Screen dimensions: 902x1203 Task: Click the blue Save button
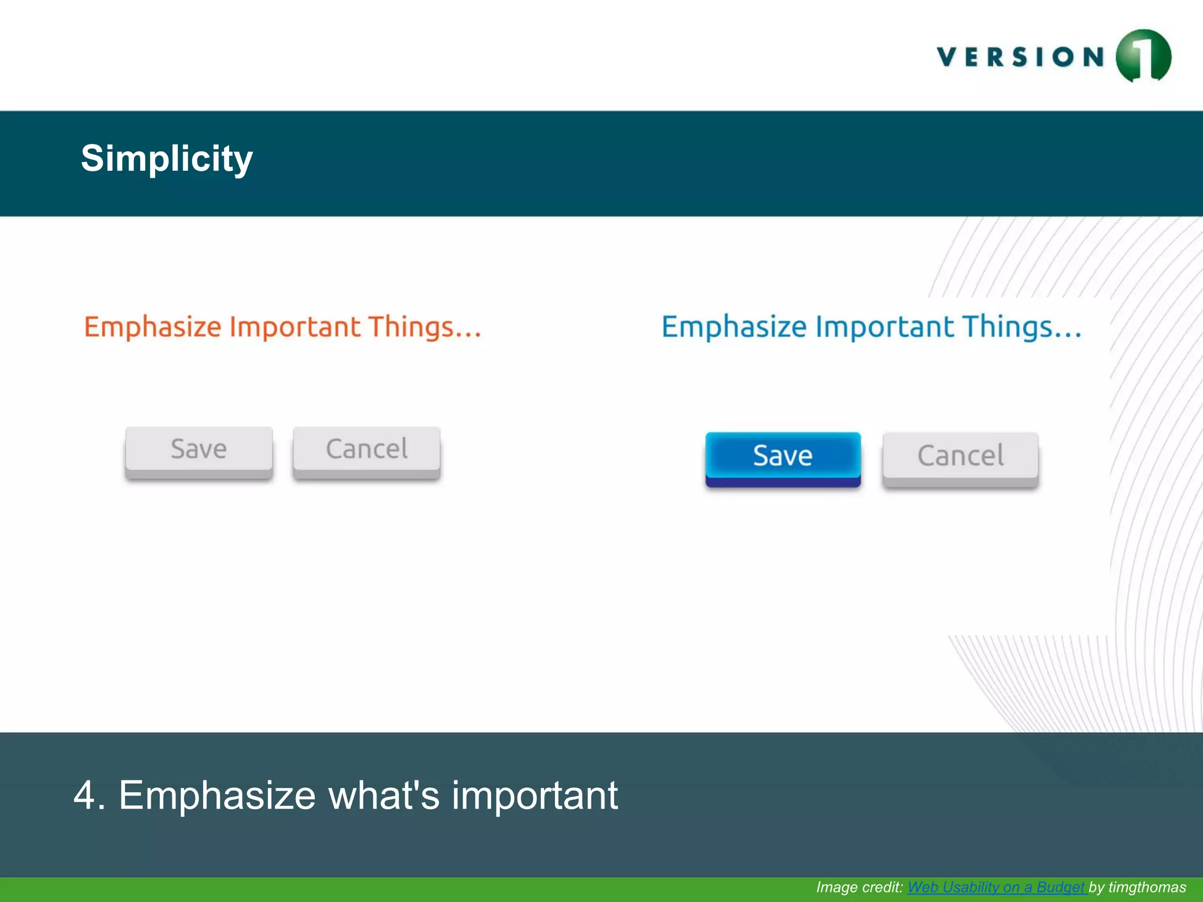[x=782, y=456]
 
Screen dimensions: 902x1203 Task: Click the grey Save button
[x=199, y=449]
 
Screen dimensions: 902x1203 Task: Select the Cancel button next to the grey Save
[x=367, y=449]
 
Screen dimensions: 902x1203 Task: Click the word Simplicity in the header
[x=167, y=159]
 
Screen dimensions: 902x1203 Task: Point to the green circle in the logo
[x=1143, y=56]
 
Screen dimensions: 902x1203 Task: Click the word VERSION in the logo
[x=1021, y=58]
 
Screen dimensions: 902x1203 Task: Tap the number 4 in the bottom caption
[x=85, y=796]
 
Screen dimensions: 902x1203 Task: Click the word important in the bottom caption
[x=535, y=796]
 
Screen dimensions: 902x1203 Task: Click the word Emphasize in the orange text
[x=152, y=327]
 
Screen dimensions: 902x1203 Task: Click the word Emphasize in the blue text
[x=734, y=327]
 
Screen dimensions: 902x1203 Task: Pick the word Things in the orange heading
[x=411, y=327]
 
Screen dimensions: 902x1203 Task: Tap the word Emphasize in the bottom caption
[x=217, y=796]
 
